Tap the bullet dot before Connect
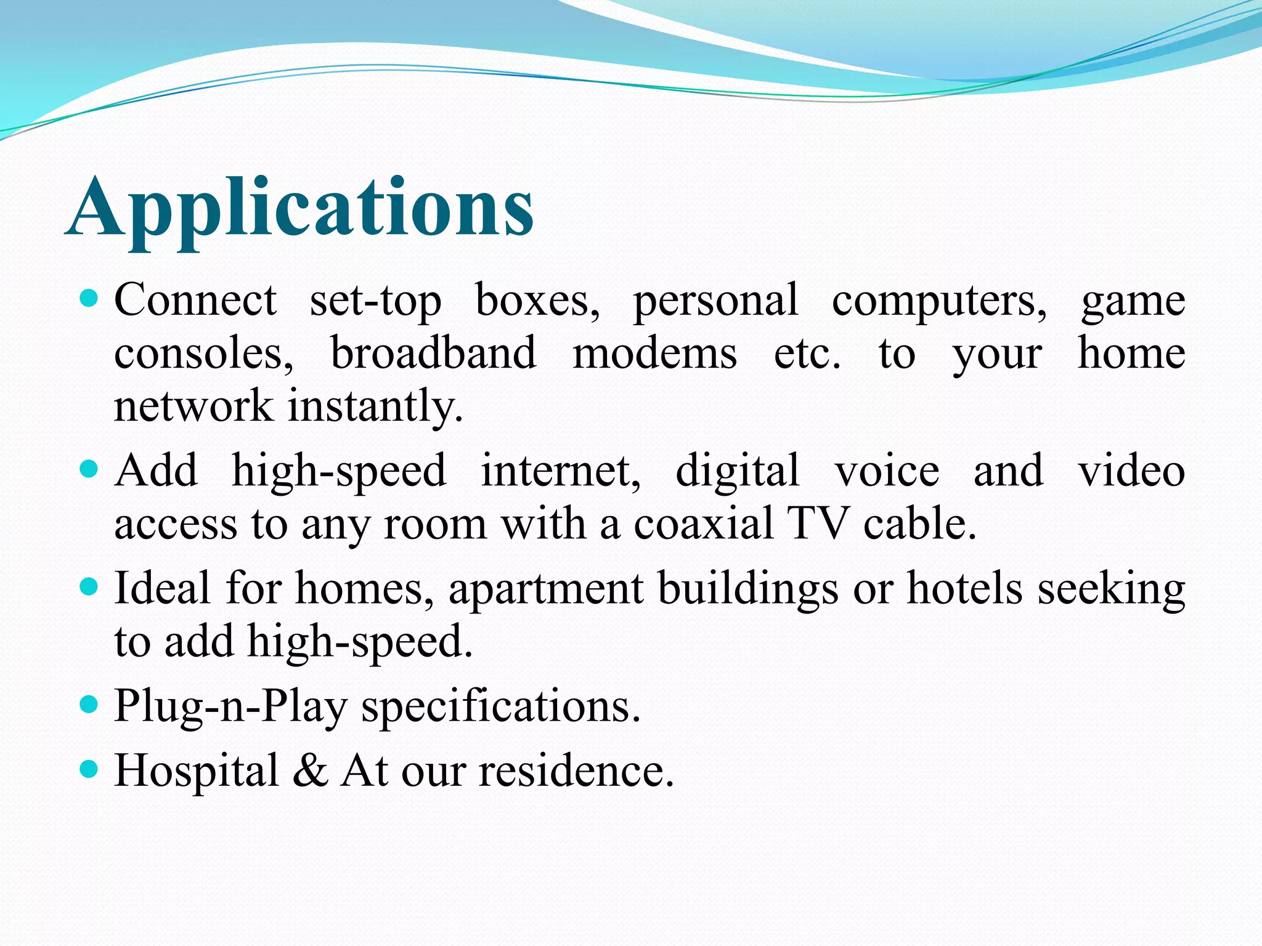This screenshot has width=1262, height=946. coord(89,299)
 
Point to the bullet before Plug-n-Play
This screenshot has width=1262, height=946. coord(89,705)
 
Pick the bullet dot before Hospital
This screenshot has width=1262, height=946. coord(89,769)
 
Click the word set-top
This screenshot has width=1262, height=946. coord(375,302)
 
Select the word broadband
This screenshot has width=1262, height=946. coord(433,354)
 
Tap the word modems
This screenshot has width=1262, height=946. coord(654,355)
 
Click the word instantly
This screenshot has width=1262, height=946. coord(375,406)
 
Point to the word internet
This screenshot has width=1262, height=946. coord(561,472)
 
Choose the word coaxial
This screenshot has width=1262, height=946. coord(703,524)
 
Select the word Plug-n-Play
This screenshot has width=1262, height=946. coord(231,706)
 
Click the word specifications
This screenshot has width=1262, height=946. coord(501,706)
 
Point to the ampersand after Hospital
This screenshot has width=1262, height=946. coord(310,770)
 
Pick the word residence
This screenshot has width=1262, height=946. coord(577,770)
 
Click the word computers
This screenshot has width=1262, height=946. coord(938,302)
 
